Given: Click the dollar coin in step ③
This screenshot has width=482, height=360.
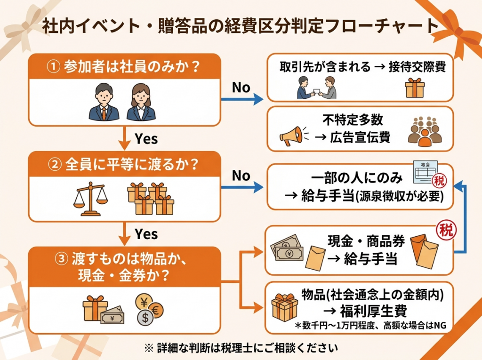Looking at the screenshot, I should [145, 318].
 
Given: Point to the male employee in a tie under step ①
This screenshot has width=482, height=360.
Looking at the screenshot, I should [104, 102].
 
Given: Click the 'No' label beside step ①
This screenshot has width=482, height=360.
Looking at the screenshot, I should [241, 88].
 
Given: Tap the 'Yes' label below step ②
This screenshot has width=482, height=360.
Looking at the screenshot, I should [146, 233].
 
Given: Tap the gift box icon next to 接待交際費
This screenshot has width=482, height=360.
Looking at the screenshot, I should [415, 88].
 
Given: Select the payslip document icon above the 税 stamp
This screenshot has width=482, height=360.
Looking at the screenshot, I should [425, 173].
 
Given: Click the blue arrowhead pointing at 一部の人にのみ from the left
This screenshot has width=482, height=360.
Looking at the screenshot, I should [258, 188].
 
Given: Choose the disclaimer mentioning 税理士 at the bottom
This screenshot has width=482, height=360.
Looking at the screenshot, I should [241, 349].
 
